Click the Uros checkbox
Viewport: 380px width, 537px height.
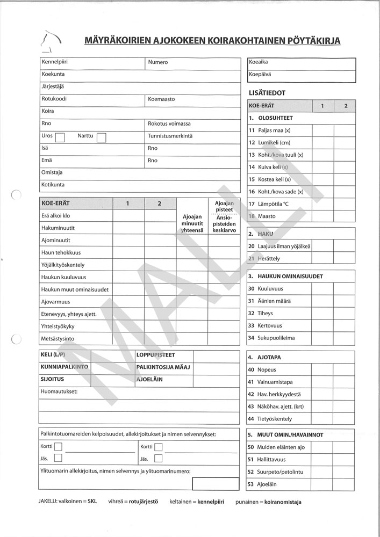[x=60, y=137]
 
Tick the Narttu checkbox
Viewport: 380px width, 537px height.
[x=101, y=137]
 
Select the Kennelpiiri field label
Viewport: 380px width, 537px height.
[x=54, y=62]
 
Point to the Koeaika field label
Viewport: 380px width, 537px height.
[x=259, y=62]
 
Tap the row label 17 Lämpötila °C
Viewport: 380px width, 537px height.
[x=269, y=204]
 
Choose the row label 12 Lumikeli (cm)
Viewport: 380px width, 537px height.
[x=269, y=142]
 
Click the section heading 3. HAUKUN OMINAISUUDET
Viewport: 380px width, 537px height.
[x=285, y=276]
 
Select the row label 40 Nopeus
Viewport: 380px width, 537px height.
[x=262, y=370]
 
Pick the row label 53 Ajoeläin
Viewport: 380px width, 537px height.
[x=262, y=484]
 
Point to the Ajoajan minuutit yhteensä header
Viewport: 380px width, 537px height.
[x=192, y=223]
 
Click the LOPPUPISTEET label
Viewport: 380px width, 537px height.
[x=156, y=355]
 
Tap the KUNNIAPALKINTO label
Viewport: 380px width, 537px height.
[x=64, y=367]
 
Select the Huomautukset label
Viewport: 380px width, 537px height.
[x=59, y=392]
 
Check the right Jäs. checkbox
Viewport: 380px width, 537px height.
[x=158, y=459]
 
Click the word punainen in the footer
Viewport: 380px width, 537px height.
[x=248, y=503]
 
